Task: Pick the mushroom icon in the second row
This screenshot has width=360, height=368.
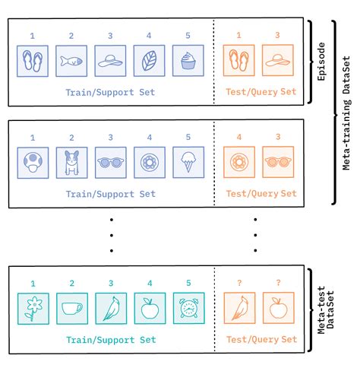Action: point(33,163)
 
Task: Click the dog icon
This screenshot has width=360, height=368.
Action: point(71,163)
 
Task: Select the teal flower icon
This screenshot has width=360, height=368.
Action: point(33,308)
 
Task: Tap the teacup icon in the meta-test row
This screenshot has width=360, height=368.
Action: point(71,308)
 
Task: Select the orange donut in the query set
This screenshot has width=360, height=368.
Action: point(238,163)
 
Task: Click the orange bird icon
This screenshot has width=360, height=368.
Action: point(238,308)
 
